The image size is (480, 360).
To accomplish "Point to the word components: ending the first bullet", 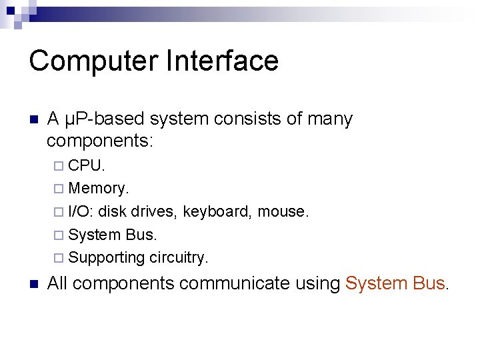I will [100, 141].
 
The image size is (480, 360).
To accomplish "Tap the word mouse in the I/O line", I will [283, 212].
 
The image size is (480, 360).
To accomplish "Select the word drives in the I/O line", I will [155, 212].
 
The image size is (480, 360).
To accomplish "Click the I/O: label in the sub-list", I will [81, 212].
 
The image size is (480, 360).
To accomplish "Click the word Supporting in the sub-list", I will [107, 257].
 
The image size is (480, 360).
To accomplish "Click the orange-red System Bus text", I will [396, 283].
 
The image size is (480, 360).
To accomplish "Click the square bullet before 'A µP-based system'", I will [34, 121].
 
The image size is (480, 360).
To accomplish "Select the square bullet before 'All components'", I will [34, 284].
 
